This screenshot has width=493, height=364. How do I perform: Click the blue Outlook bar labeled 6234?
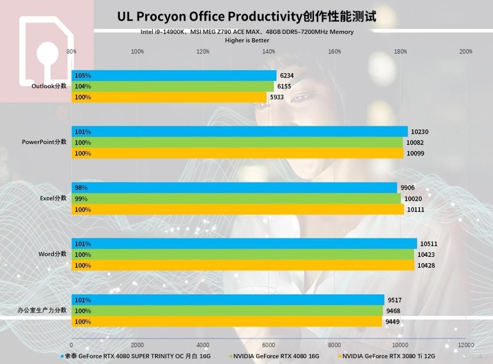point(174,76)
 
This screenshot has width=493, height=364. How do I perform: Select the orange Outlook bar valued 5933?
point(169,97)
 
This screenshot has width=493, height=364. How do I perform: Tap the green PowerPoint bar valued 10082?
point(237,142)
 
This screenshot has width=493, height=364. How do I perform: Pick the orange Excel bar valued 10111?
point(237,209)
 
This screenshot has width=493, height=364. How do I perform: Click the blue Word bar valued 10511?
point(244,244)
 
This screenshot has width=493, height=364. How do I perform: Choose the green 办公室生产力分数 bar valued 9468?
point(227,311)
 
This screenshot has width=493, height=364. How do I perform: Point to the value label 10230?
point(419,132)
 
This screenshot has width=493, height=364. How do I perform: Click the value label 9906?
point(407,188)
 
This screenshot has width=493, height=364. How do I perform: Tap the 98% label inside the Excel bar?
point(81,188)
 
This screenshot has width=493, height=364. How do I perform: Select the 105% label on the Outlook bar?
point(83,76)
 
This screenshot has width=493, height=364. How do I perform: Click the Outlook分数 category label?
point(49,86)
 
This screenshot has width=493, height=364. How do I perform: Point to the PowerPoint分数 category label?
point(44,142)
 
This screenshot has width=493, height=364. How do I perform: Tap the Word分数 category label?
point(53,254)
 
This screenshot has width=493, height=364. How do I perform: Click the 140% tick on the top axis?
point(269,51)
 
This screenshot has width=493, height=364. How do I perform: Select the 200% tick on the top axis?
point(466,51)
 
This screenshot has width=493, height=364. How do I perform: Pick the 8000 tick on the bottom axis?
point(335,345)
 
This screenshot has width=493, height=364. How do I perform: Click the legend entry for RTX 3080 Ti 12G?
point(388,356)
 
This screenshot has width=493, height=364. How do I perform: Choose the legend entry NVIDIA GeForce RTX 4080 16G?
point(276,356)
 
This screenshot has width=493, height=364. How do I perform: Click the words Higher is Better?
point(247,40)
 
